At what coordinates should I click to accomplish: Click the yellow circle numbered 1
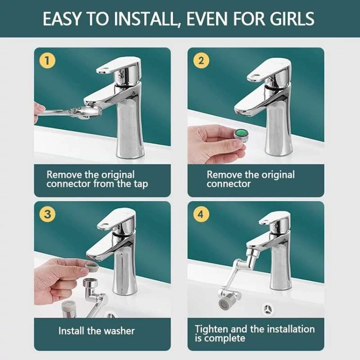(47, 60)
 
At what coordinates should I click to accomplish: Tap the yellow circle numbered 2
(201, 60)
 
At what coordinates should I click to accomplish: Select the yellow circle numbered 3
(47, 214)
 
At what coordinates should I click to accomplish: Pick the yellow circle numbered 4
(201, 214)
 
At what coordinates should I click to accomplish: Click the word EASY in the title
(62, 19)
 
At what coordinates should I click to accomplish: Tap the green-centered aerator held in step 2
(240, 136)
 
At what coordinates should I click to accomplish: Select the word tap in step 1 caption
(141, 184)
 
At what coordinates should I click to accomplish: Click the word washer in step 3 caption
(119, 331)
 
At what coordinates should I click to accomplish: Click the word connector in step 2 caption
(228, 184)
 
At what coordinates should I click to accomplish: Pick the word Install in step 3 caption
(72, 331)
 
